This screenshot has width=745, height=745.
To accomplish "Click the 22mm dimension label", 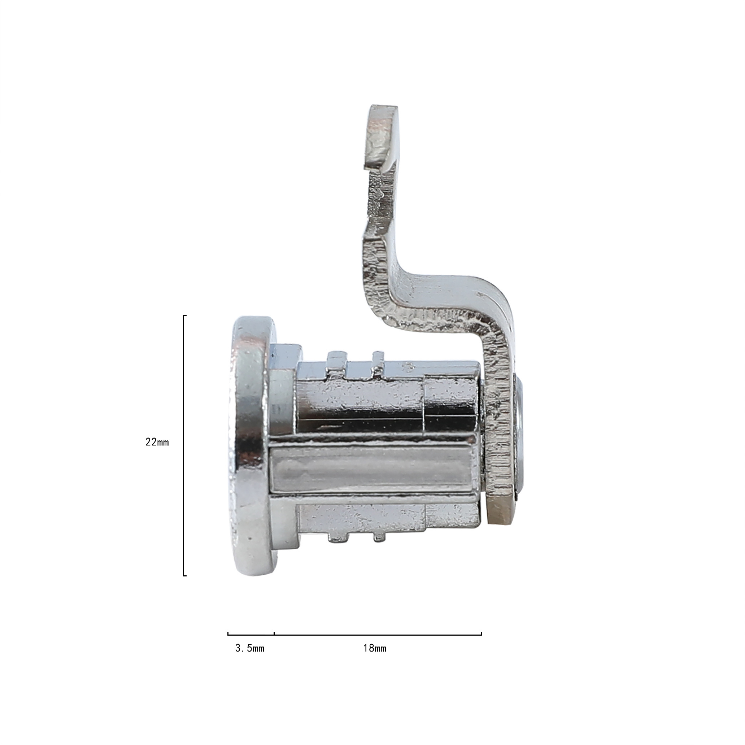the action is (x=157, y=442).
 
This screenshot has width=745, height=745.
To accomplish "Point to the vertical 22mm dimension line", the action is (x=184, y=445).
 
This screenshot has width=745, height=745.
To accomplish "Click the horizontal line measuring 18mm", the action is (x=378, y=633).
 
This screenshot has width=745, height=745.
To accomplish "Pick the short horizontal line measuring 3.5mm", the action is (x=251, y=633).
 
